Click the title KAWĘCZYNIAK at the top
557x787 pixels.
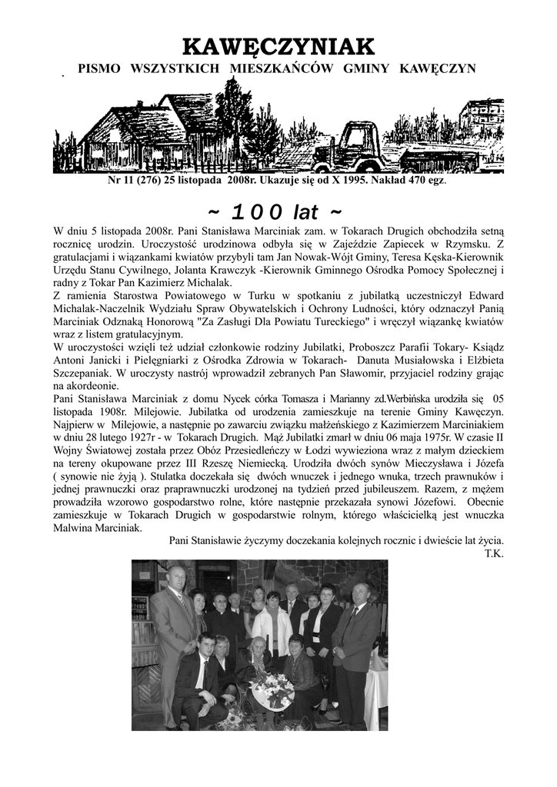278,47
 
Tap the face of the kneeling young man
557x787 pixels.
205,643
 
